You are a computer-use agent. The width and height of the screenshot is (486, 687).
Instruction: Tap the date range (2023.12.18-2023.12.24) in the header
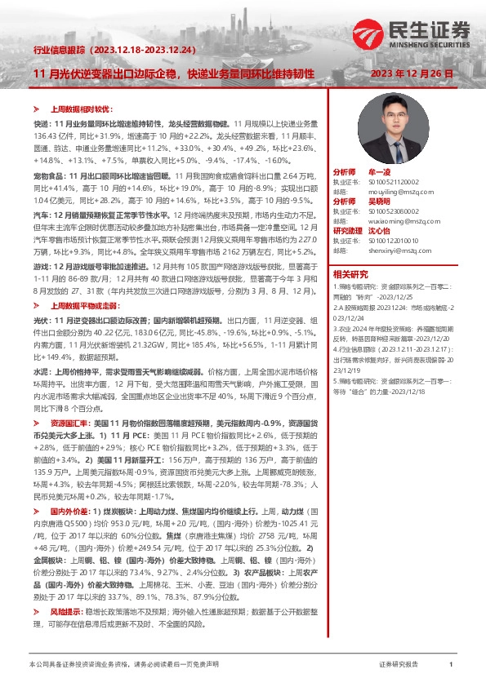pos(144,50)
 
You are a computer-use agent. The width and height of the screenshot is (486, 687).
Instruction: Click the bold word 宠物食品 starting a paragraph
pos(48,175)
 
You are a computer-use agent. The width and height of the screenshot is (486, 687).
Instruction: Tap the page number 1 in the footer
pos(450,666)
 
